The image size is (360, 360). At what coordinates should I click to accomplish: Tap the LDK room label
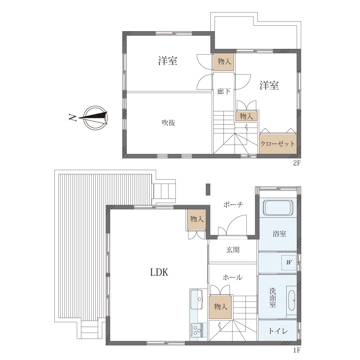(159, 273)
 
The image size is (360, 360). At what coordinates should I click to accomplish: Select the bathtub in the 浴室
(278, 208)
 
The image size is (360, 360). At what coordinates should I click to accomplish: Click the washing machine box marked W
(289, 262)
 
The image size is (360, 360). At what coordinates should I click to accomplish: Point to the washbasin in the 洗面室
(291, 300)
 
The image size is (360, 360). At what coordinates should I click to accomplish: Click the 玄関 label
(233, 250)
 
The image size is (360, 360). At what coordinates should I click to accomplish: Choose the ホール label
(232, 277)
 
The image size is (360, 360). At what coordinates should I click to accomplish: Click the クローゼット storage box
(278, 143)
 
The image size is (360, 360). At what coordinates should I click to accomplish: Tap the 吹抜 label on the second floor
(168, 123)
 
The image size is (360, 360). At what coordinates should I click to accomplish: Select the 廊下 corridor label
(223, 91)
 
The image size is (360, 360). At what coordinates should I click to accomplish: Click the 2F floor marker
(296, 163)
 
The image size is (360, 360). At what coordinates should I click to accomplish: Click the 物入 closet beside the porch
(197, 219)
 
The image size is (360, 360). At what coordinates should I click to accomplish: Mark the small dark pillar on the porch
(208, 189)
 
